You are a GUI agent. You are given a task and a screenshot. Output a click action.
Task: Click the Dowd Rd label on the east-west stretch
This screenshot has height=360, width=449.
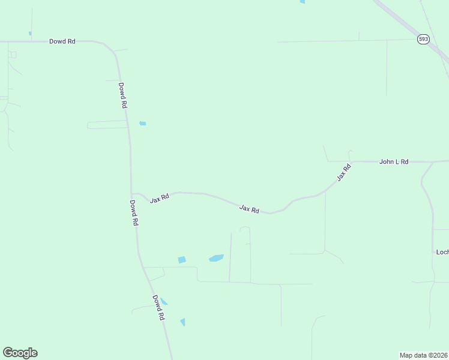tap(62, 41)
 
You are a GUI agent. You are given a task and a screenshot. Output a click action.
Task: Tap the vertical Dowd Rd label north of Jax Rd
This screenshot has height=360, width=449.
tap(122, 95)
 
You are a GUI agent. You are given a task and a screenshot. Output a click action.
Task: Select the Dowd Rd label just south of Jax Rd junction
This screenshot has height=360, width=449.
tap(135, 212)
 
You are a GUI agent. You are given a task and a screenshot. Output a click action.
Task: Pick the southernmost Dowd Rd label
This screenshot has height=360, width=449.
tap(158, 307)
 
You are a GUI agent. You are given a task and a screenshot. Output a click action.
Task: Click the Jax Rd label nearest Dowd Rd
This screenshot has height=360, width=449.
tap(160, 198)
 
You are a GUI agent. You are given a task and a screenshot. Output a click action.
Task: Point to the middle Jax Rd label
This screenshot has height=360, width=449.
tap(249, 209)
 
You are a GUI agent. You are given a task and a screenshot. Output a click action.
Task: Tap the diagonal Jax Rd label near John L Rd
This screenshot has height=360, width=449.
tap(343, 173)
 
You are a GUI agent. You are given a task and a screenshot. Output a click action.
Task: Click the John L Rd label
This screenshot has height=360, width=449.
tap(394, 162)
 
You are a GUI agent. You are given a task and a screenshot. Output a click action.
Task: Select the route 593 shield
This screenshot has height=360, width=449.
tap(424, 39)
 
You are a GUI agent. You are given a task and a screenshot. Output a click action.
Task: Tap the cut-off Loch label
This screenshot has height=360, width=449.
tap(442, 252)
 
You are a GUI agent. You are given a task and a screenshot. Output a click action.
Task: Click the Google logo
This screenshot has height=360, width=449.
tap(20, 353)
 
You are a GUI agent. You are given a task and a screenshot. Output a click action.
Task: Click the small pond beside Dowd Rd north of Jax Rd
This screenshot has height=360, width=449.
tap(143, 124)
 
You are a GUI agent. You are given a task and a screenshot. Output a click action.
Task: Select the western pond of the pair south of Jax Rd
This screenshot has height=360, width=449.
tap(182, 260)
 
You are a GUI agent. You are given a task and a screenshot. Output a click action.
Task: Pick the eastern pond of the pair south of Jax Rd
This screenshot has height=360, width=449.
tap(216, 258)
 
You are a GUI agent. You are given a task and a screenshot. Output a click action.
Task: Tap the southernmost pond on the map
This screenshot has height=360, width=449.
tap(183, 322)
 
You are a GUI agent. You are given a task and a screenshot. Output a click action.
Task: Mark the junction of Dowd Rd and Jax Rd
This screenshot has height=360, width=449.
tap(132, 194)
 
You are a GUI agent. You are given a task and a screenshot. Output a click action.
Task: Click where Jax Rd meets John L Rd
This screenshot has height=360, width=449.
tap(351, 162)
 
